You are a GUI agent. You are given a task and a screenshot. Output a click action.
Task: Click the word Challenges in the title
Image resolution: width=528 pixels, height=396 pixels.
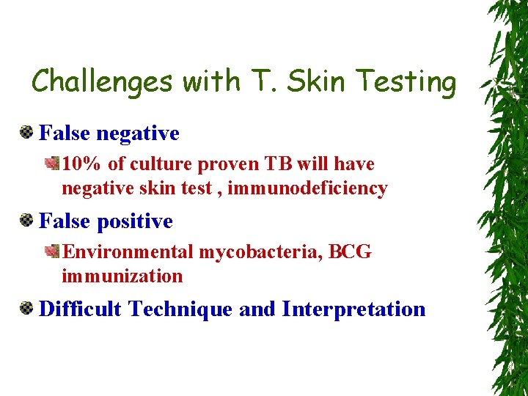102,81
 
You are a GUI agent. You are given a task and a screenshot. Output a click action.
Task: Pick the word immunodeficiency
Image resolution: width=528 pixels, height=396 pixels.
307,188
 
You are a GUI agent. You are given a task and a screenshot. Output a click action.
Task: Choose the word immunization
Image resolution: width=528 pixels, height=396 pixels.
122,276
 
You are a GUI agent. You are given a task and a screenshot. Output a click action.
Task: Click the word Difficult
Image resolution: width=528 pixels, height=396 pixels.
80,309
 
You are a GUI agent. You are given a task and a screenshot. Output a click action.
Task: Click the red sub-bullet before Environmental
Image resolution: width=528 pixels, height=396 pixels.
53,252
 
